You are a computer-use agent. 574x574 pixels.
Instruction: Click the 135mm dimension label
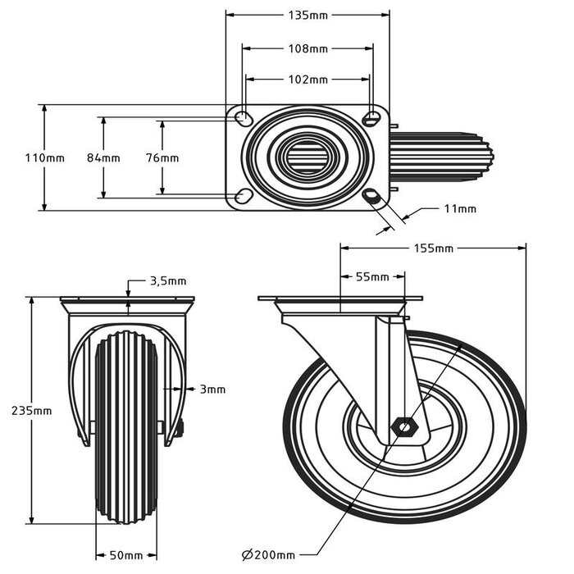(307, 15)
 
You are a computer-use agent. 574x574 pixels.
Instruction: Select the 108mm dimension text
(307, 48)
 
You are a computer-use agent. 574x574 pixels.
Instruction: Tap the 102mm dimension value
(307, 80)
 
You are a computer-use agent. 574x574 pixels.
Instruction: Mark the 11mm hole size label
(459, 209)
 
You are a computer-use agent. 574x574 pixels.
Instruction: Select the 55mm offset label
(372, 277)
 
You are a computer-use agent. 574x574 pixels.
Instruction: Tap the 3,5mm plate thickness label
(168, 280)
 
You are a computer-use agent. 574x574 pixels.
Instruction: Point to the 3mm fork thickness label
(212, 389)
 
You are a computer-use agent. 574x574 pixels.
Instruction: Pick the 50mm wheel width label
(126, 556)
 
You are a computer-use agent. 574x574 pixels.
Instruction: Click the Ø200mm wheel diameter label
(269, 555)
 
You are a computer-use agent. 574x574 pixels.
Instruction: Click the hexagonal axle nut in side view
(405, 426)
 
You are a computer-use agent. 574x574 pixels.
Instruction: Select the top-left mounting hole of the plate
(244, 119)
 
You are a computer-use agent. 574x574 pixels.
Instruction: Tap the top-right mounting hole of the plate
(371, 117)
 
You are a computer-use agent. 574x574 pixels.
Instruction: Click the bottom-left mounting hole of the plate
(244, 196)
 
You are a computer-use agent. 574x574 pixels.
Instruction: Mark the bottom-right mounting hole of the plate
(371, 196)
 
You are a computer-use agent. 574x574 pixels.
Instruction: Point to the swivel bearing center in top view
(307, 157)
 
